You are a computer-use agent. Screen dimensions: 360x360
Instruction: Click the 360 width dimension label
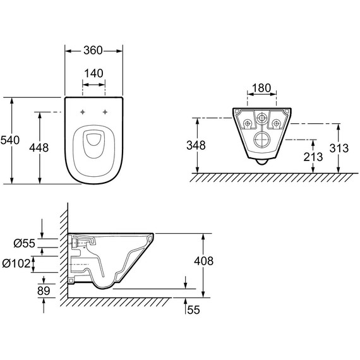click(x=93, y=51)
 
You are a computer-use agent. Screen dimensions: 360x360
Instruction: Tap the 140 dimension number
click(x=93, y=73)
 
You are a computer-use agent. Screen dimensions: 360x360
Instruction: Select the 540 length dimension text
click(x=10, y=140)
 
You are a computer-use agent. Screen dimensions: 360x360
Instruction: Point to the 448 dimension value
click(x=39, y=148)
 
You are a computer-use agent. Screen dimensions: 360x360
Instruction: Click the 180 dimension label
click(x=261, y=88)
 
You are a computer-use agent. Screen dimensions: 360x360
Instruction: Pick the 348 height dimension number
click(x=196, y=145)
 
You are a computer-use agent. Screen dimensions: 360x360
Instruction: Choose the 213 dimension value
click(x=313, y=157)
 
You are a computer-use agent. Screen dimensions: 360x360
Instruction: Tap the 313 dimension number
click(x=339, y=148)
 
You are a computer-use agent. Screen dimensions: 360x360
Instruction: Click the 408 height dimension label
click(x=203, y=261)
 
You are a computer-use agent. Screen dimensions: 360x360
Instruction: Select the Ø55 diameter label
click(x=25, y=243)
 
